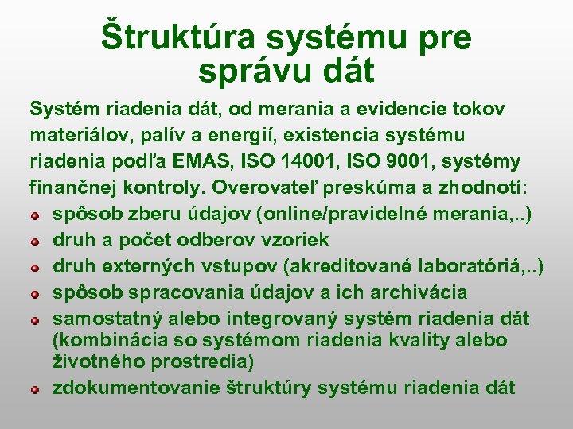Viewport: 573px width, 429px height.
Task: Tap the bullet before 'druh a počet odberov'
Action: coord(36,240)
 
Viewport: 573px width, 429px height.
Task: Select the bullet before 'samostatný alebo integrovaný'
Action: coord(36,320)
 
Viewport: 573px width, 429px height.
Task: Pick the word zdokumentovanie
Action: coord(137,388)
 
